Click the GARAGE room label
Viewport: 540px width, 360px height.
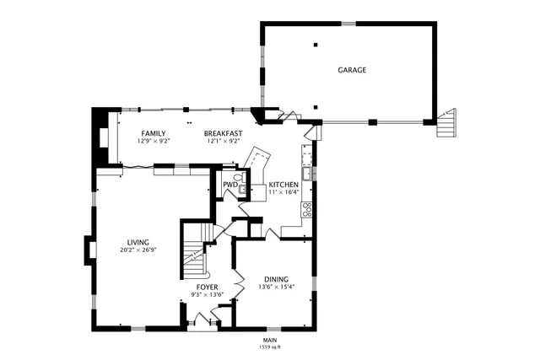[x=352, y=70]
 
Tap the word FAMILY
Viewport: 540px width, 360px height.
[x=153, y=133]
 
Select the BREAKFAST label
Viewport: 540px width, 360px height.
[x=224, y=133]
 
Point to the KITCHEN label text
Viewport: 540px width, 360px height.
[x=283, y=185]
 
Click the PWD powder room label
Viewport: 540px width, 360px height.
[x=229, y=185]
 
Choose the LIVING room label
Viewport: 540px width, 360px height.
[x=138, y=242]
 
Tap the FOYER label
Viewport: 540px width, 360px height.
[x=208, y=287]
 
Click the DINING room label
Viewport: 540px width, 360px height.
[x=276, y=279]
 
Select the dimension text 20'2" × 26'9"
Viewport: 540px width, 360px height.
[x=138, y=250]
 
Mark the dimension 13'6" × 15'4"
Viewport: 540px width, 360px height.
[x=276, y=287]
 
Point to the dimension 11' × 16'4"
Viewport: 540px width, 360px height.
[x=283, y=192]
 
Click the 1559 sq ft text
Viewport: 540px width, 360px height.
[x=270, y=347]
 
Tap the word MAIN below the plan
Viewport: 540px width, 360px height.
[x=270, y=340]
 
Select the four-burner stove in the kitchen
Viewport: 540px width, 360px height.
[x=307, y=209]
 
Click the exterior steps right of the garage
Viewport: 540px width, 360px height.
[x=446, y=123]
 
